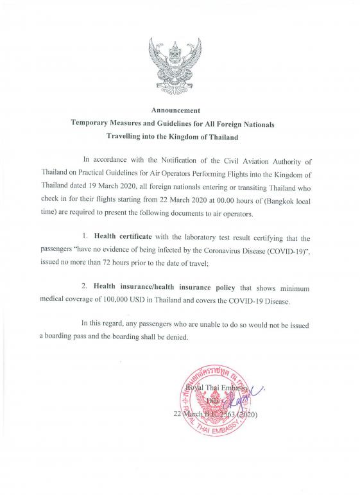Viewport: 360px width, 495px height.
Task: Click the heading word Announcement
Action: pyautogui.click(x=180, y=110)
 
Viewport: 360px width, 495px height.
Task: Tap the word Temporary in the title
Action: pyautogui.click(x=93, y=123)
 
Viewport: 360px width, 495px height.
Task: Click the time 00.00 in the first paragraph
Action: pyautogui.click(x=253, y=197)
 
